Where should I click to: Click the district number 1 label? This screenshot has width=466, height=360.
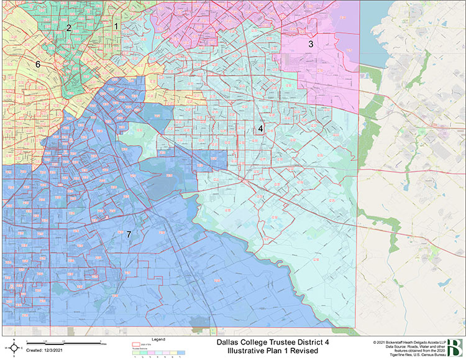click(x=116, y=26)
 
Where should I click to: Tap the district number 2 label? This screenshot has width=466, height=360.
click(x=69, y=28)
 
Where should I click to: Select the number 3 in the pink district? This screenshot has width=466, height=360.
click(x=311, y=44)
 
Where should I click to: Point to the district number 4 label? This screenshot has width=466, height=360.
click(x=260, y=129)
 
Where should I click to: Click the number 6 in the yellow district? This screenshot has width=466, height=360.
click(x=37, y=65)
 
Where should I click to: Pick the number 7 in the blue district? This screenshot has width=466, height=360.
click(x=129, y=234)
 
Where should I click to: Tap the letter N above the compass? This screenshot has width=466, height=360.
click(x=13, y=339)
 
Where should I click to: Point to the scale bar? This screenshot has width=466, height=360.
click(x=65, y=343)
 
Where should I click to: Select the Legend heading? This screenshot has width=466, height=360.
click(x=159, y=339)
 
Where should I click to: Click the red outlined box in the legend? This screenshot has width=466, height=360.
click(x=137, y=344)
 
